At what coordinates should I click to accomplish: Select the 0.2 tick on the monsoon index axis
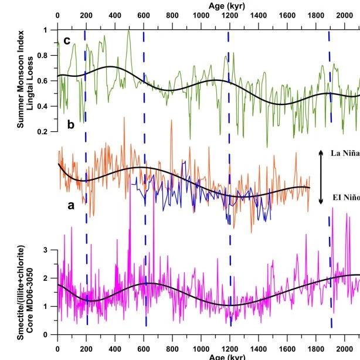click(x=46, y=132)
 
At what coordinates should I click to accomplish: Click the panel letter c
click(x=67, y=40)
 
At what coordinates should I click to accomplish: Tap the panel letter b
click(x=71, y=124)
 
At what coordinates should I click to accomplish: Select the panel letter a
click(x=72, y=205)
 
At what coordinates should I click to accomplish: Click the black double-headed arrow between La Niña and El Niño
click(x=321, y=176)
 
